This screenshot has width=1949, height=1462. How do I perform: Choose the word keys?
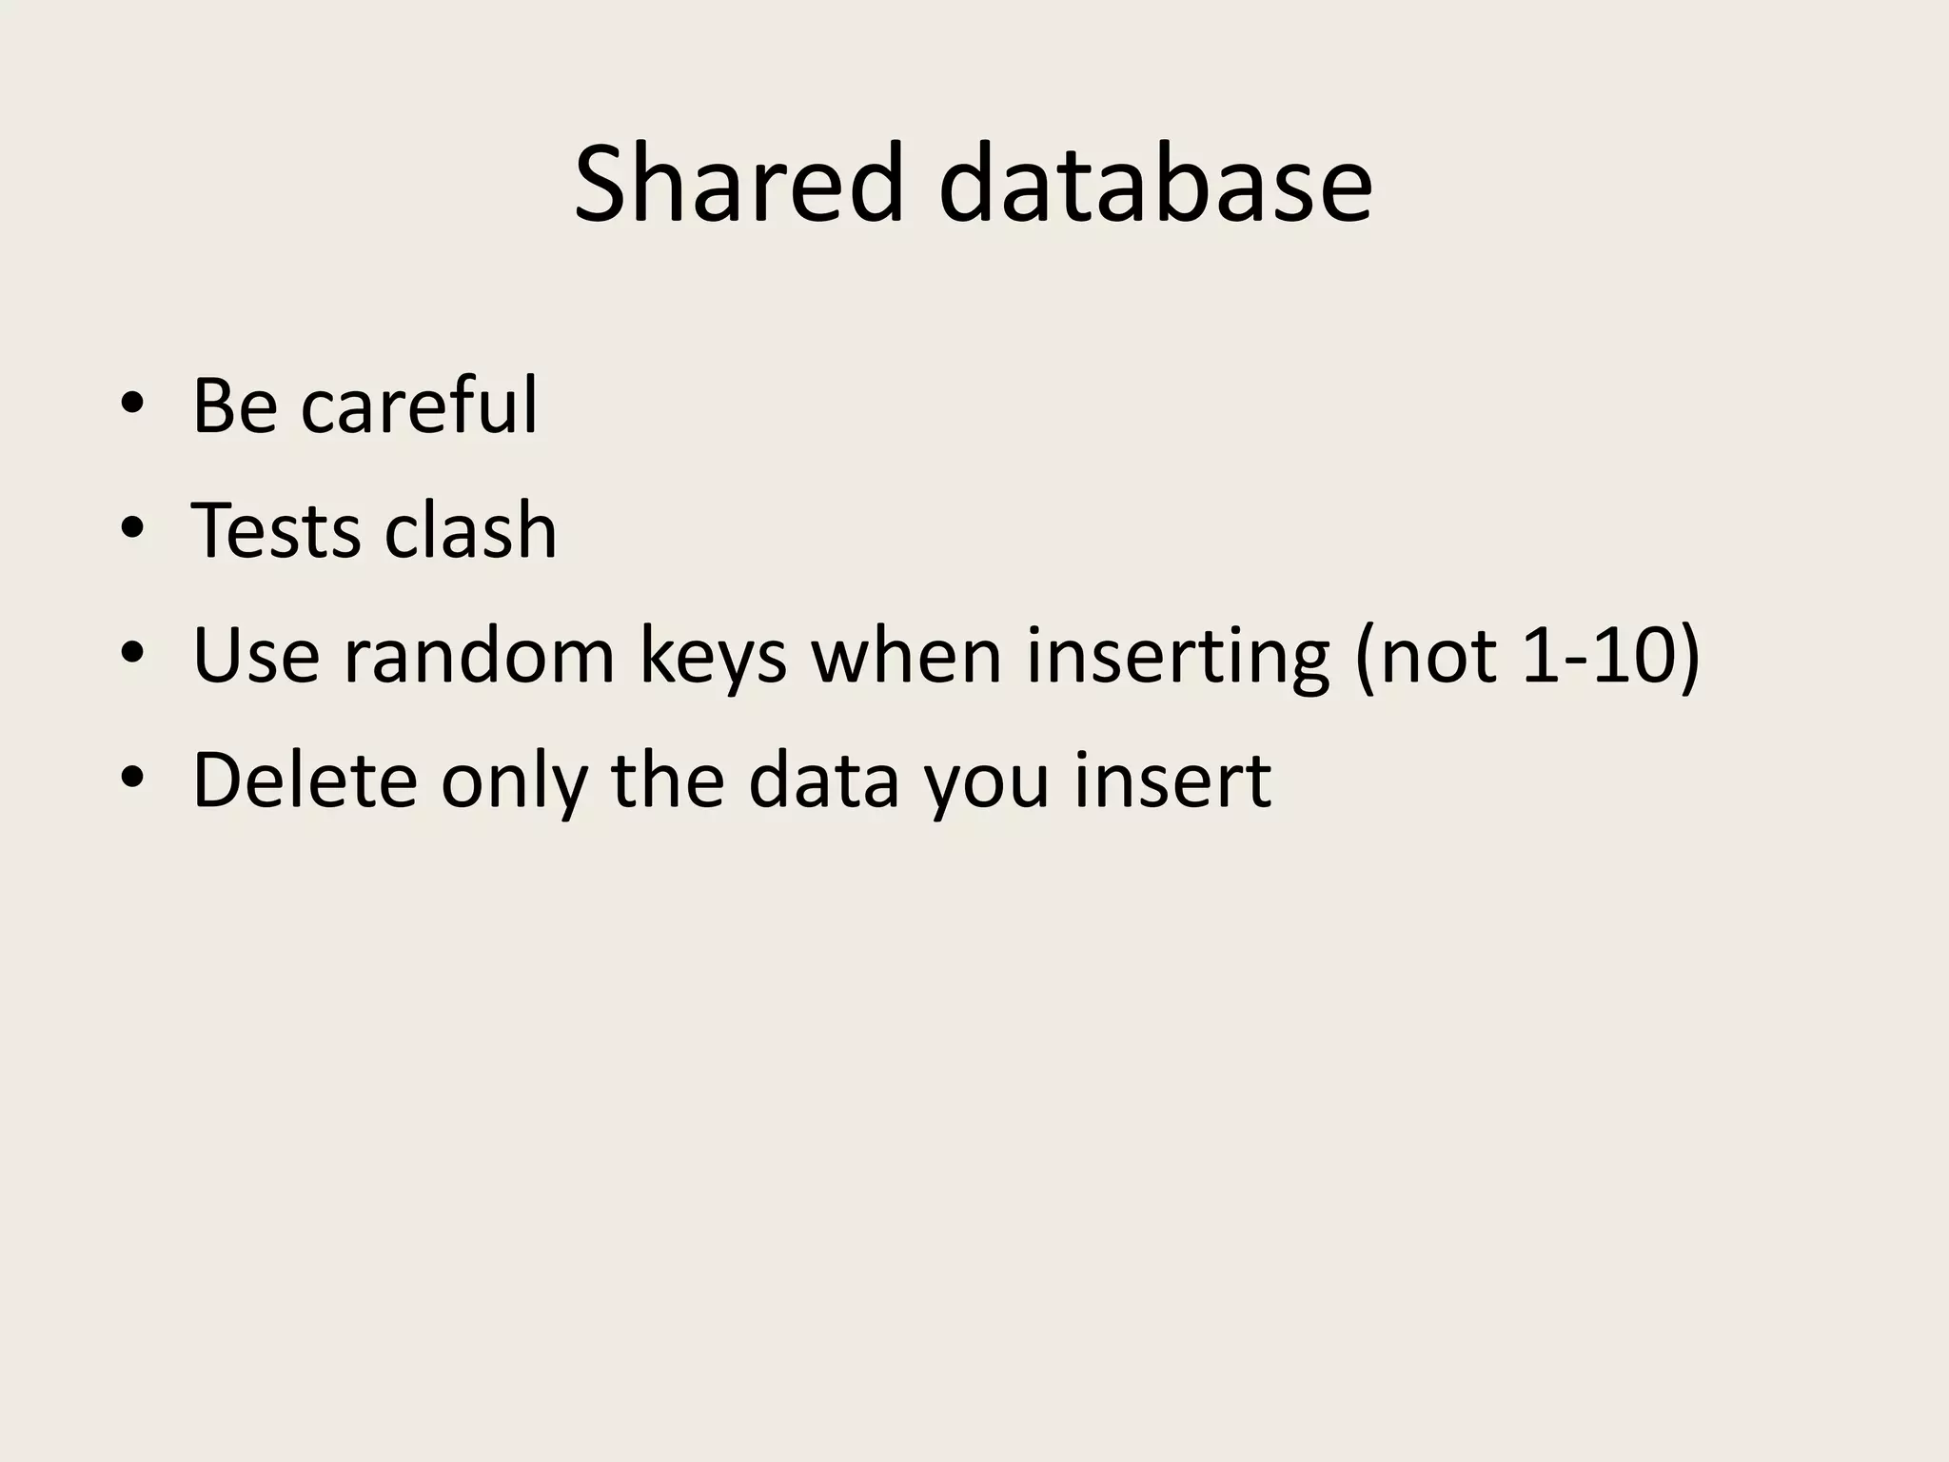713,659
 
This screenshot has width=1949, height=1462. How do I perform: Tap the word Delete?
305,780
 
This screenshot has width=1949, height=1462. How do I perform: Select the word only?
514,782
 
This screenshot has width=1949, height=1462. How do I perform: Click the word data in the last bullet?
823,780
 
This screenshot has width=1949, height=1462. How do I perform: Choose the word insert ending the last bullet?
1172,780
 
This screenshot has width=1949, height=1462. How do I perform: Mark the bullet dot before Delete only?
132,778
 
